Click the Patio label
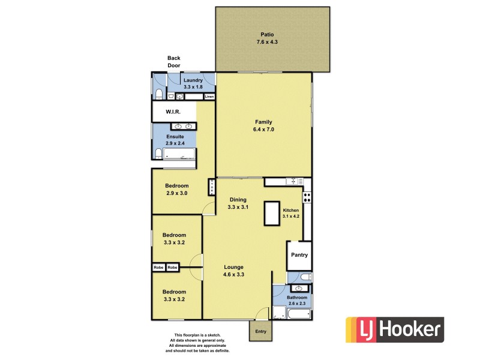click(x=267, y=34)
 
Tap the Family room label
click(x=263, y=122)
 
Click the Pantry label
click(x=299, y=255)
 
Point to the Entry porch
click(x=260, y=331)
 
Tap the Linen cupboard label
click(x=209, y=97)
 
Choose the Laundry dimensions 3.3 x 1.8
click(x=193, y=88)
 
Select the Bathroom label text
click(x=296, y=298)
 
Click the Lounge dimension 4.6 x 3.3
click(x=233, y=275)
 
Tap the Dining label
click(x=238, y=200)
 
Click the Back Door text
click(x=173, y=62)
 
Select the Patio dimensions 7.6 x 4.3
click(x=267, y=43)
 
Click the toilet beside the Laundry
click(x=158, y=94)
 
